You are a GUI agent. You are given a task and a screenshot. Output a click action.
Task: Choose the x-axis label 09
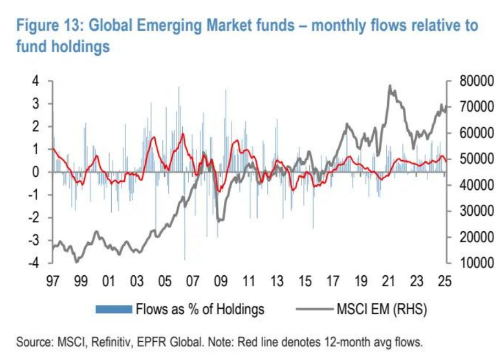click(x=220, y=281)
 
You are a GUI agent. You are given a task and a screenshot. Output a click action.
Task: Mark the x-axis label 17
click(x=332, y=281)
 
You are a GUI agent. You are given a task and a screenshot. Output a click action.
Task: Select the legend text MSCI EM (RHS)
click(x=381, y=309)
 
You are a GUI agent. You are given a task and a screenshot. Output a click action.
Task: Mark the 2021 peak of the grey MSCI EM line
click(x=390, y=86)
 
